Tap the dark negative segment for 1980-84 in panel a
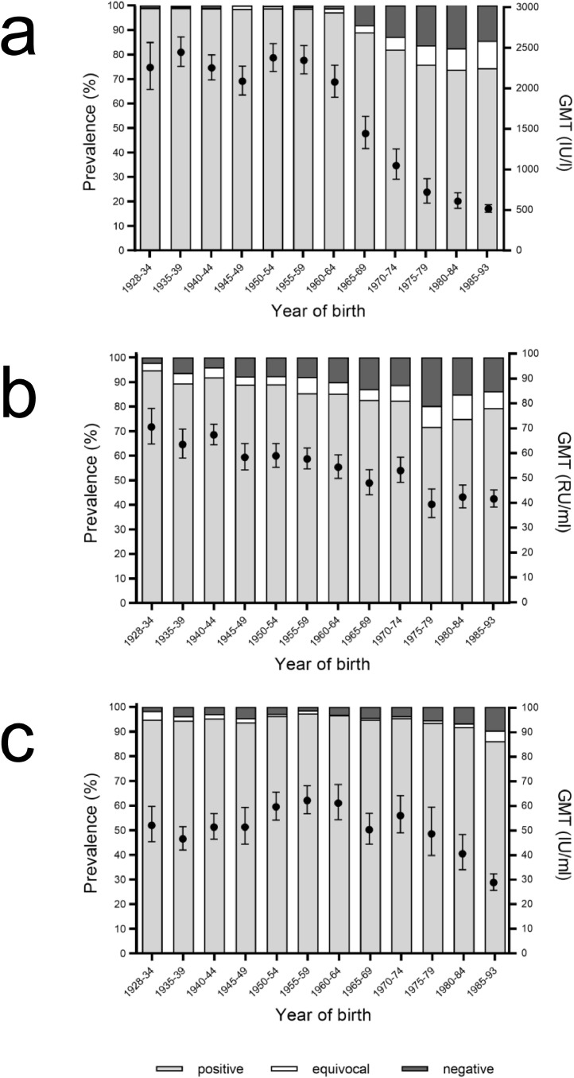click(457, 27)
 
